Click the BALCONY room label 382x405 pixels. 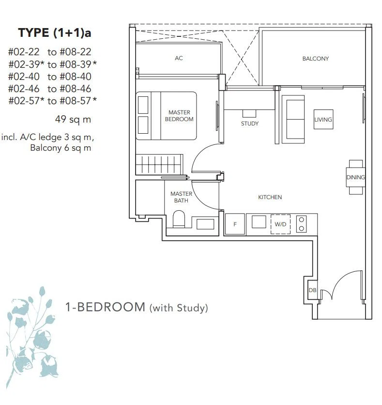(315, 59)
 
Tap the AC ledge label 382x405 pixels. (179, 58)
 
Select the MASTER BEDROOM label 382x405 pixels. (179, 116)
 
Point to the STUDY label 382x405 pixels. (250, 124)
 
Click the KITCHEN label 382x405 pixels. (270, 197)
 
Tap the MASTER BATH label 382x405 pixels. (181, 197)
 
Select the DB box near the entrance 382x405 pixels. (313, 290)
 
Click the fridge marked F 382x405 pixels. (235, 224)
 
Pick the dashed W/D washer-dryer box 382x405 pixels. (280, 224)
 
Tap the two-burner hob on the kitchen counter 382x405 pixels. (301, 224)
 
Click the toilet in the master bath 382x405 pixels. (179, 219)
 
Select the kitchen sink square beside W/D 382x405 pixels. (259, 221)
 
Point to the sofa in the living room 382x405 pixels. (293, 119)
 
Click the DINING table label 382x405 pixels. (355, 177)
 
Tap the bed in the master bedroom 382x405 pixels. (166, 116)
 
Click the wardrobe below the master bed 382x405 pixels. (159, 164)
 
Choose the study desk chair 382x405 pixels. (249, 113)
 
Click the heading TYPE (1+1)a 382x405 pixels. (55, 33)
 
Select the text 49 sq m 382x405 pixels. (73, 119)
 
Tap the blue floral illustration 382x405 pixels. (31, 336)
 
